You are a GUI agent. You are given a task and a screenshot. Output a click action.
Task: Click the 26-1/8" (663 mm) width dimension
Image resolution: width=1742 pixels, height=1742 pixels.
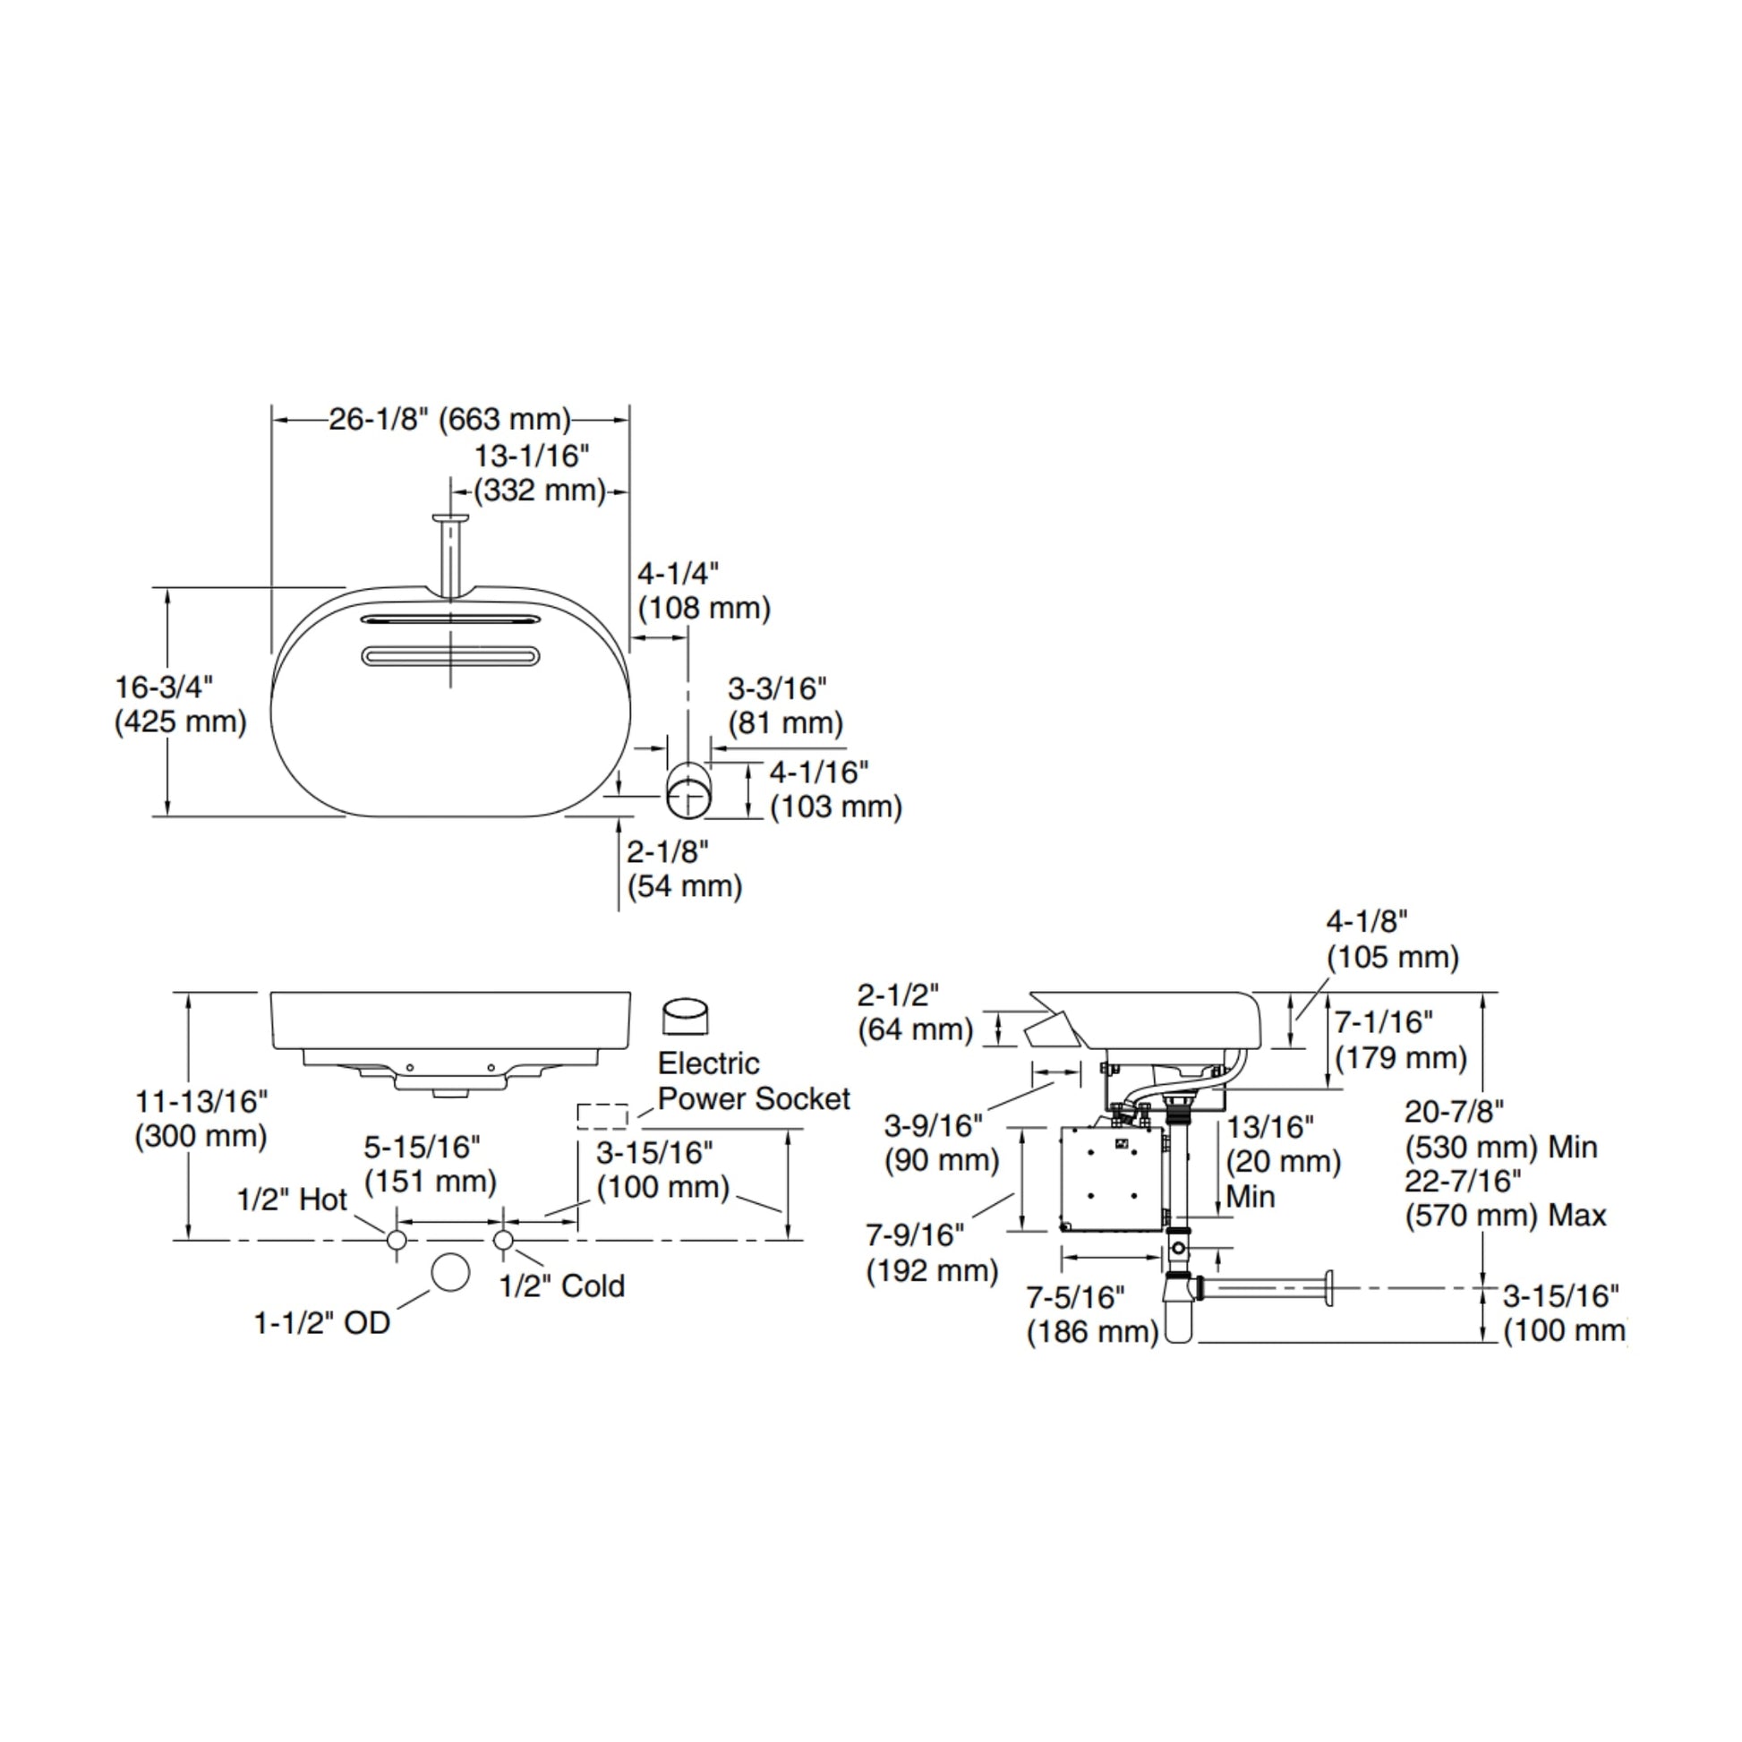point(450,419)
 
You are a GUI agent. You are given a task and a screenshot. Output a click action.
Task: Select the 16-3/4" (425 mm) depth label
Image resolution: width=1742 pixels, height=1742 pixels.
point(180,704)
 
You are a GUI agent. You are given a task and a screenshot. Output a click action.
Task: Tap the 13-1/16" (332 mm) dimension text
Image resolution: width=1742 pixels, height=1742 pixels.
point(539,474)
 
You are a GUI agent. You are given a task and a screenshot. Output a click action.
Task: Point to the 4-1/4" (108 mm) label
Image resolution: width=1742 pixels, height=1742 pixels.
point(704,591)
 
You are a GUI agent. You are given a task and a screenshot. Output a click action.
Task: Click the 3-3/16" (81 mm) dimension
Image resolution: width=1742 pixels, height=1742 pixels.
point(785,706)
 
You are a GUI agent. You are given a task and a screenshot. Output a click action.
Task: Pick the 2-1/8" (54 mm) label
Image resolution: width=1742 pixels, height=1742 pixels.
point(684,868)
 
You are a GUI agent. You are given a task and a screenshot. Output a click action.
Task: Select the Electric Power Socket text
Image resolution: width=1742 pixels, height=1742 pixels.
point(754,1080)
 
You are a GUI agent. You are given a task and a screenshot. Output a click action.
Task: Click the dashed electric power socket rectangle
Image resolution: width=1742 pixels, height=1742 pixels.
point(602,1116)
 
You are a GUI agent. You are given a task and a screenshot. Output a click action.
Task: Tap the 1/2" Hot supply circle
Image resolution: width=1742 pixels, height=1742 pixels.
point(396,1241)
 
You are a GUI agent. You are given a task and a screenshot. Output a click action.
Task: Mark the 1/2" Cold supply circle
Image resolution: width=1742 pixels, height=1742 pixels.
point(503,1241)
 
